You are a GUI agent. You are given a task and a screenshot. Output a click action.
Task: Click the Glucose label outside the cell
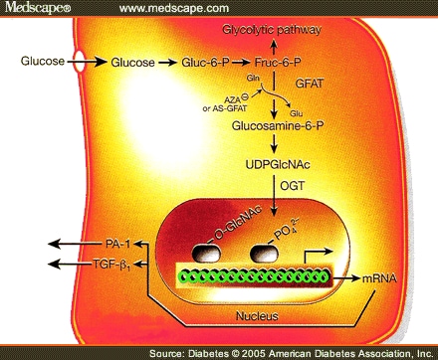(40, 62)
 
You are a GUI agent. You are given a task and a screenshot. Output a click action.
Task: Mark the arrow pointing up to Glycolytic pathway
(274, 46)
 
